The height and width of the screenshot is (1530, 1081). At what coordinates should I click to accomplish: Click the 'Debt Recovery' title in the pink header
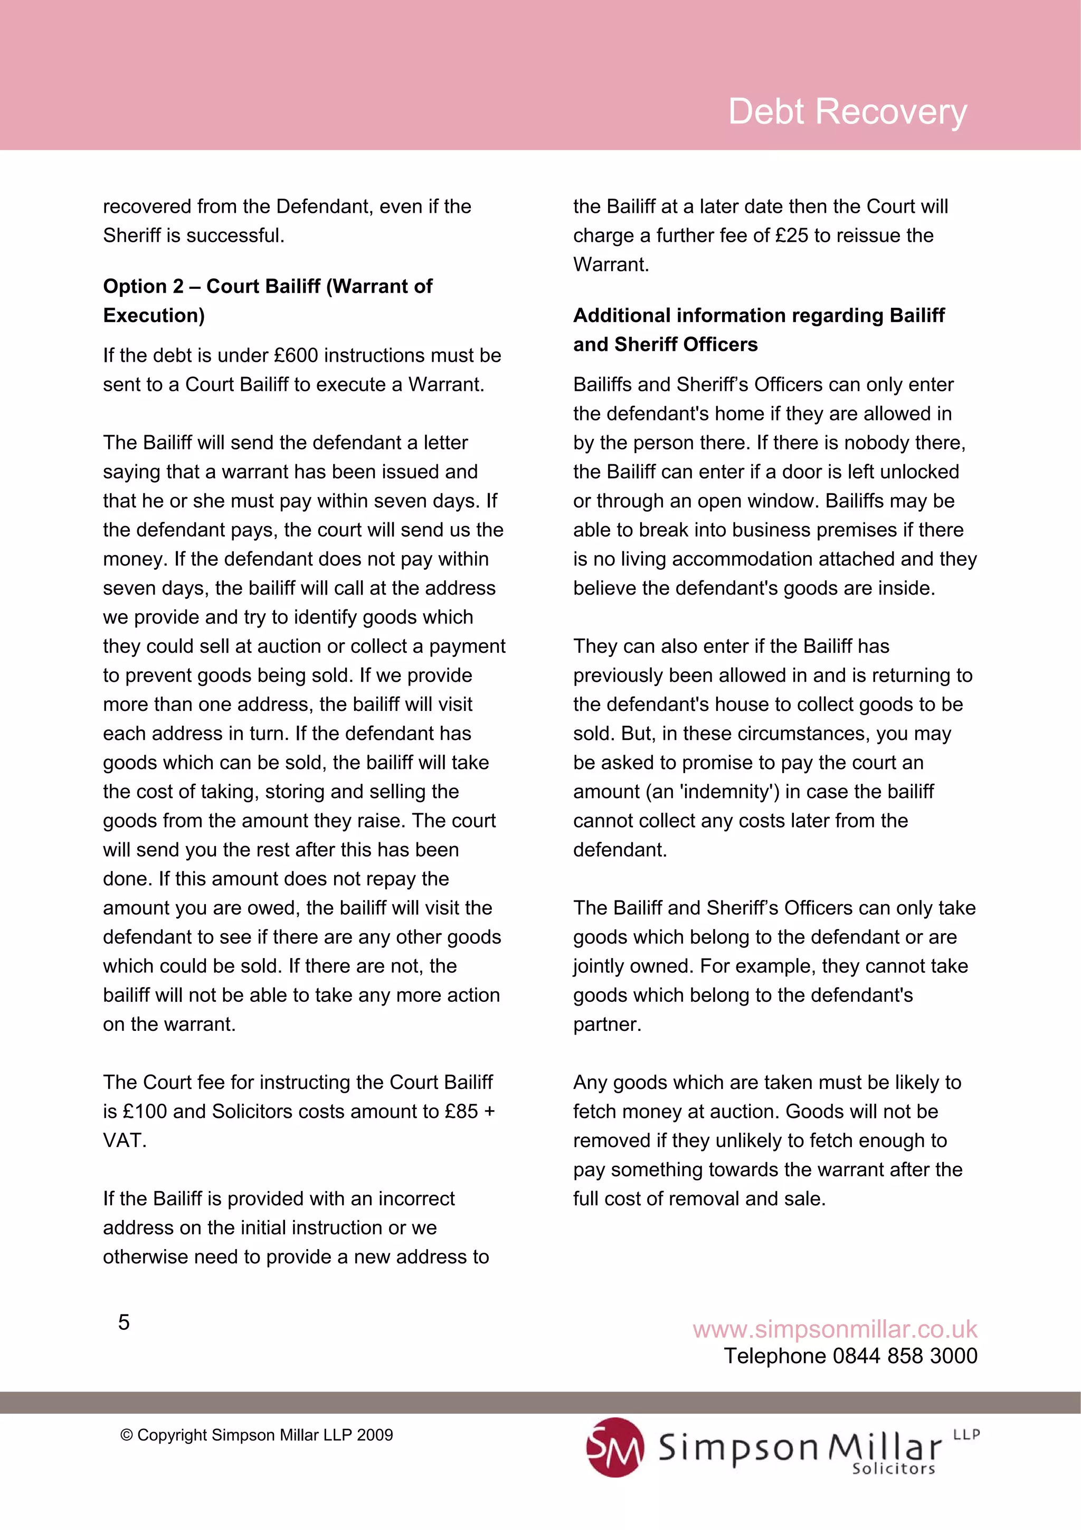847,111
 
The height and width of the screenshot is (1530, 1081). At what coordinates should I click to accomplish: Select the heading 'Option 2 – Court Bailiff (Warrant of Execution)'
267,300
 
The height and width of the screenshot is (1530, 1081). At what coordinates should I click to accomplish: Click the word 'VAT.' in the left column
125,1140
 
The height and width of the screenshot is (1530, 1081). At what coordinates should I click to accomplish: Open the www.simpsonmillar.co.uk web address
835,1329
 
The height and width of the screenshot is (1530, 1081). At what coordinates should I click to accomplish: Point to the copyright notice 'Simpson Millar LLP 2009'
257,1435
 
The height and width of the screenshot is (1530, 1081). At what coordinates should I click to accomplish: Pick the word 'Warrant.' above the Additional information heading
611,265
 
